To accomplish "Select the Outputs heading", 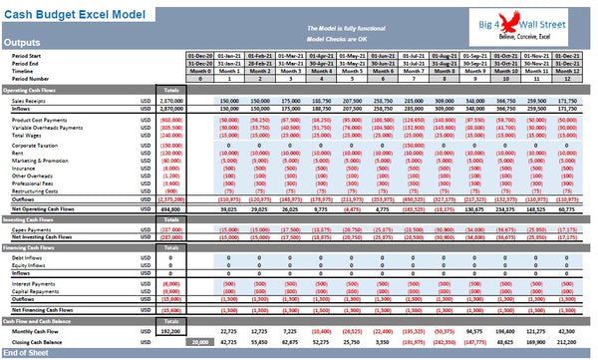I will (23, 43).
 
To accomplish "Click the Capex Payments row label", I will (32, 228).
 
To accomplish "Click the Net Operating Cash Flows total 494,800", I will (170, 208).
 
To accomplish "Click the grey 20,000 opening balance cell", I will (200, 341).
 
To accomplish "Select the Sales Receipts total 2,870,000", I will (170, 101).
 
